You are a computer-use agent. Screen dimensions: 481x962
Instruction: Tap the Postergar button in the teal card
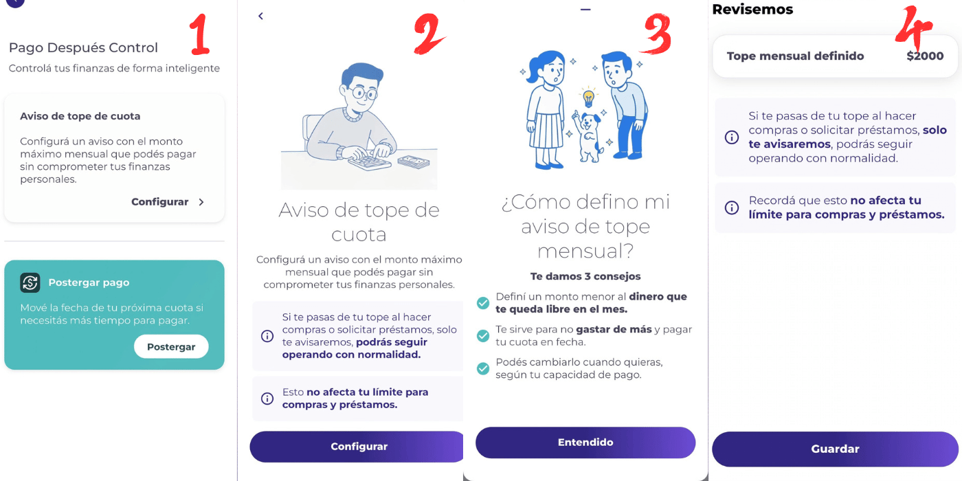click(x=171, y=347)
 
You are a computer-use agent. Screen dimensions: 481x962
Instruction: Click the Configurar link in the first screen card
click(x=168, y=202)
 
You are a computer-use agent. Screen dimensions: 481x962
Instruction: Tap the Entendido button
click(x=585, y=443)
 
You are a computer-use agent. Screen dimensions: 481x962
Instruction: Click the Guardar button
click(x=835, y=449)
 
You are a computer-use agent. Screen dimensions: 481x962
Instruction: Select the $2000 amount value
click(x=925, y=56)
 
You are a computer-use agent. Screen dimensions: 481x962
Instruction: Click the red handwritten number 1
click(x=200, y=36)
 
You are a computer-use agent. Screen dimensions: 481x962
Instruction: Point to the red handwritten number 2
click(x=429, y=34)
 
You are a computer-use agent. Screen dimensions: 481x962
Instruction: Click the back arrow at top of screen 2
click(x=261, y=16)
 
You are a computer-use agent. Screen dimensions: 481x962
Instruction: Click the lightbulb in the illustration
click(x=588, y=97)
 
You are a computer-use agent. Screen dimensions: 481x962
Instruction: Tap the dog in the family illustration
click(x=588, y=136)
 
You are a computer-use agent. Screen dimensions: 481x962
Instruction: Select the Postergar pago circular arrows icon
click(x=30, y=282)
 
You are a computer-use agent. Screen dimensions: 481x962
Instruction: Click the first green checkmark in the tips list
click(x=483, y=303)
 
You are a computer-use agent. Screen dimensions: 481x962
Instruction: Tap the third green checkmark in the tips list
click(x=483, y=368)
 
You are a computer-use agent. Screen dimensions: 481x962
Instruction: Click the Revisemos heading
click(x=752, y=10)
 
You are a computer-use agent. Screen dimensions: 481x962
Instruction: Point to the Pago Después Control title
click(x=83, y=47)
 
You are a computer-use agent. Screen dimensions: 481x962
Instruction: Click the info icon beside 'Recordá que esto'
click(x=732, y=208)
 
